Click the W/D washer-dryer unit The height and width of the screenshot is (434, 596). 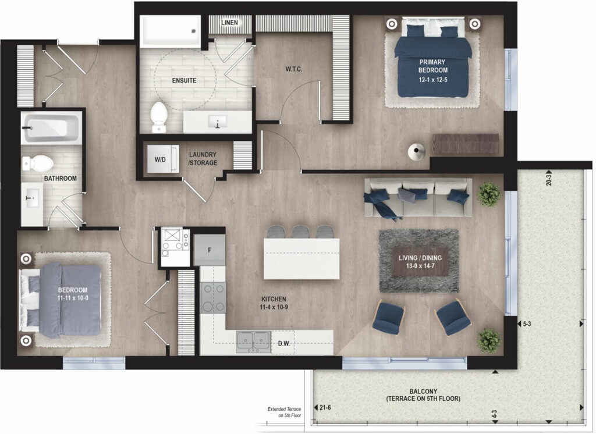click(x=163, y=159)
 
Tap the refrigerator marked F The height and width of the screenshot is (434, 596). click(x=210, y=250)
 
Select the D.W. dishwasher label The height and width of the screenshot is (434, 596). click(x=284, y=344)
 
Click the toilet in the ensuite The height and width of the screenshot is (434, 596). click(x=159, y=117)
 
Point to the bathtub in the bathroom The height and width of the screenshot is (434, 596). click(x=51, y=127)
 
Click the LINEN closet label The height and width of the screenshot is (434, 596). click(x=229, y=23)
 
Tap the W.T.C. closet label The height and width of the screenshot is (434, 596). click(x=294, y=69)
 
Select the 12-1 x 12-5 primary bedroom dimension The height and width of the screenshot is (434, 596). click(x=433, y=80)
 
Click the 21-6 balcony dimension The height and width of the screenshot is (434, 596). click(x=325, y=408)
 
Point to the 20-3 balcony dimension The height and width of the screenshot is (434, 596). click(x=548, y=180)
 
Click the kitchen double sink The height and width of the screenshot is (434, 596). click(x=254, y=341)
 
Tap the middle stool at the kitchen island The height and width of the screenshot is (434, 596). click(x=301, y=232)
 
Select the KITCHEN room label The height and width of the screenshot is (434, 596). click(x=274, y=299)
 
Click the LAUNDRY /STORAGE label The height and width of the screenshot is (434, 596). click(x=203, y=159)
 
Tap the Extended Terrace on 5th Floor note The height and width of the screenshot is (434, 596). click(x=284, y=412)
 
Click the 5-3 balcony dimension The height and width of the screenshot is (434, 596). click(x=527, y=324)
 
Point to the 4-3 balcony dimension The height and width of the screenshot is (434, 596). click(x=494, y=414)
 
